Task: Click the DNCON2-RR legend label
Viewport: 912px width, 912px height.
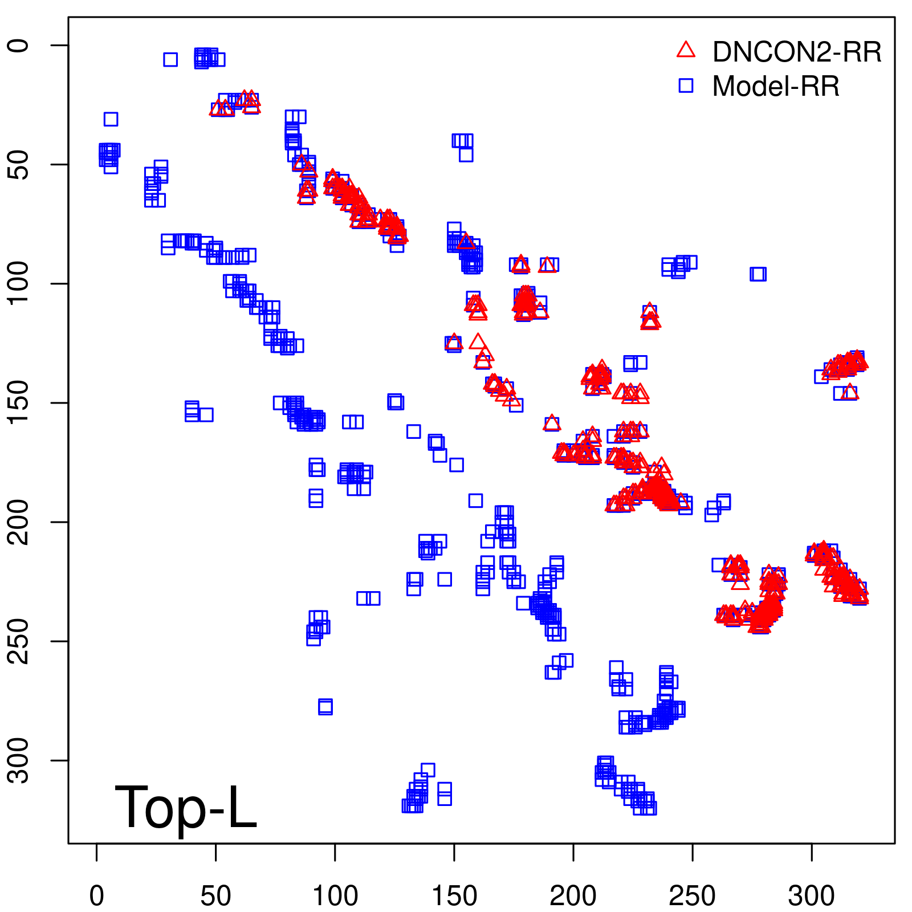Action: pos(796,52)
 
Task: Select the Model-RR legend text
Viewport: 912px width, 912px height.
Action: pos(775,87)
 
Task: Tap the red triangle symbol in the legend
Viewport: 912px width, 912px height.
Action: pos(686,50)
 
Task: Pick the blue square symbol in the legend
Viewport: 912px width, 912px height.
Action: pos(686,85)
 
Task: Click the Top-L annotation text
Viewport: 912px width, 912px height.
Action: pos(186,807)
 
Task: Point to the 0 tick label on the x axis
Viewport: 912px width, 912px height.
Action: pos(97,896)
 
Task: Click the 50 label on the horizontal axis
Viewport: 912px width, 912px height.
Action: pos(216,896)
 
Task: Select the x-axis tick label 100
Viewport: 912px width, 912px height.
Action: pos(335,896)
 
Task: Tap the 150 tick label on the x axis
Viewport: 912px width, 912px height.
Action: pos(454,896)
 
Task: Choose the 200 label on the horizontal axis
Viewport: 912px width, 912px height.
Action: pos(573,896)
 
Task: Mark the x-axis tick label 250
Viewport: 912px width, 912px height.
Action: pos(693,896)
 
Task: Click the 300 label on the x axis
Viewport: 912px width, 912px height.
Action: pos(812,896)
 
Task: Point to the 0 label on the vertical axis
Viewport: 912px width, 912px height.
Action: pos(19,46)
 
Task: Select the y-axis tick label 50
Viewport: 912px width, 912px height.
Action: pos(19,165)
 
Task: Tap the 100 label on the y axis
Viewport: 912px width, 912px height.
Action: pos(19,283)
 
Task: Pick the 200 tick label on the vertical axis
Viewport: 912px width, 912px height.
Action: pos(19,522)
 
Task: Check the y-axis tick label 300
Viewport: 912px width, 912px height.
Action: pos(19,760)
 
